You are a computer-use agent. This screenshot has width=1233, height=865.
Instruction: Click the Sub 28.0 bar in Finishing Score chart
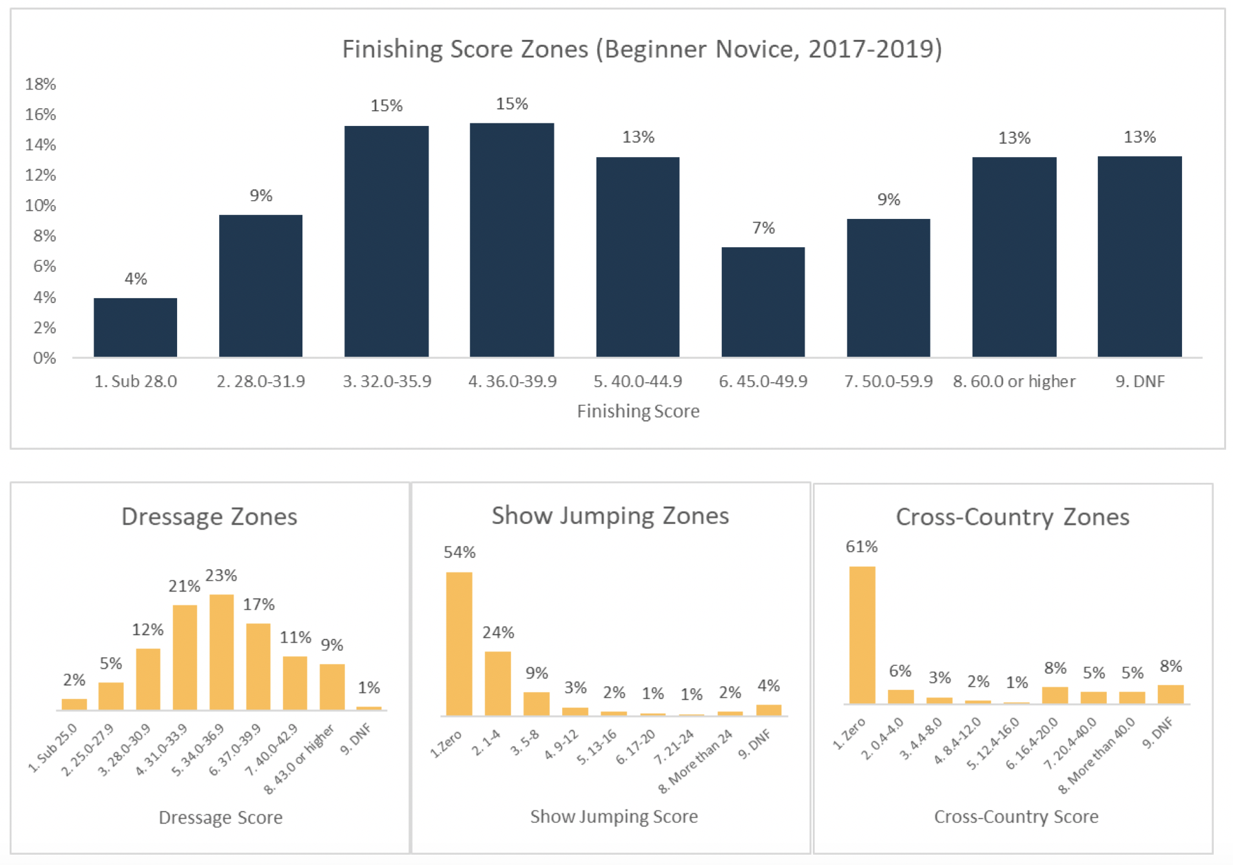click(x=135, y=327)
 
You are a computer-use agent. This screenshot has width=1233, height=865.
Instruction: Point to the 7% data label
click(x=763, y=228)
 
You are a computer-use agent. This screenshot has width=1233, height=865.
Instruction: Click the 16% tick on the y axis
click(x=41, y=114)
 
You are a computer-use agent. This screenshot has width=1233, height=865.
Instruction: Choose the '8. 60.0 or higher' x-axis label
click(x=1014, y=382)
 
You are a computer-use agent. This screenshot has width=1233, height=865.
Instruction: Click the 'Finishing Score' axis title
click(x=638, y=411)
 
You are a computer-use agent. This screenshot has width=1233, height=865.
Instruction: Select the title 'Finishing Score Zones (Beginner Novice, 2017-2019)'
click(x=642, y=50)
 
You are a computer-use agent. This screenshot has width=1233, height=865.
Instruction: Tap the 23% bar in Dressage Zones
click(x=221, y=652)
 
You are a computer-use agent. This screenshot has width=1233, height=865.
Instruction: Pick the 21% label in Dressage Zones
click(x=185, y=586)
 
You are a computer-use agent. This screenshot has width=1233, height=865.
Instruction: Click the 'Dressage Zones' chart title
click(x=209, y=517)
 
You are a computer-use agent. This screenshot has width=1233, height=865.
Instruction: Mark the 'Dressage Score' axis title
click(x=220, y=817)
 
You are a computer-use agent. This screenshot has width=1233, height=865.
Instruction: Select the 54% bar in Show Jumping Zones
click(x=459, y=643)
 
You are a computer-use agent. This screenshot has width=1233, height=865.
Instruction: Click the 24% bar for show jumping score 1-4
click(x=498, y=683)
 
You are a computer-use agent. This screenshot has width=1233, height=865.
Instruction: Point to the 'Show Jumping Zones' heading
click(x=610, y=516)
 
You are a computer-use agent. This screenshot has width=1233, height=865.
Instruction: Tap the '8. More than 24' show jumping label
click(x=696, y=762)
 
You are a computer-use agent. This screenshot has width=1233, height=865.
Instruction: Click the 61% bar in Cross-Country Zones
click(x=862, y=634)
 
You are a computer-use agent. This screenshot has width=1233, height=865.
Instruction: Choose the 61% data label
click(x=862, y=547)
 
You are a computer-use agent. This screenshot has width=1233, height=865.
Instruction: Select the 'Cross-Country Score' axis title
click(x=1016, y=817)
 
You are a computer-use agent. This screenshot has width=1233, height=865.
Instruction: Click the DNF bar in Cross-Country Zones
click(x=1170, y=694)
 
